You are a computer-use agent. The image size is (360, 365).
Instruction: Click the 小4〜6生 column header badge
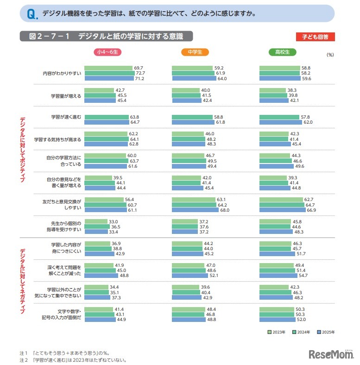107,52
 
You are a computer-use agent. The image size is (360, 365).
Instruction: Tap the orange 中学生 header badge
195,52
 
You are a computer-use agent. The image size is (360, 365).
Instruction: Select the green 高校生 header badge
282,52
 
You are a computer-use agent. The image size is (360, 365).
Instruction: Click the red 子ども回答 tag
315,37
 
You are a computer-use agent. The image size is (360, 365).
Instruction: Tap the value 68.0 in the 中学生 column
225,210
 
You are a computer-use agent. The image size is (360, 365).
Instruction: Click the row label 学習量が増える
66,95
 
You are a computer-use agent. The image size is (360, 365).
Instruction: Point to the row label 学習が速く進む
66,117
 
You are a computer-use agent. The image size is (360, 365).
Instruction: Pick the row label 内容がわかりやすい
62,73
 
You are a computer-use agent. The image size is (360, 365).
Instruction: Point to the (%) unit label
330,55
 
